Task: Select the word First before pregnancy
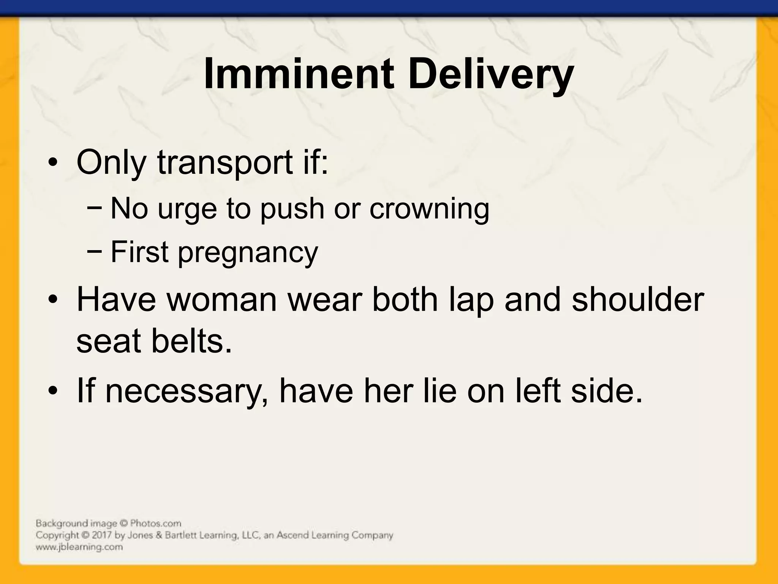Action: (x=139, y=252)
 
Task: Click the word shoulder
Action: (x=638, y=300)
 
